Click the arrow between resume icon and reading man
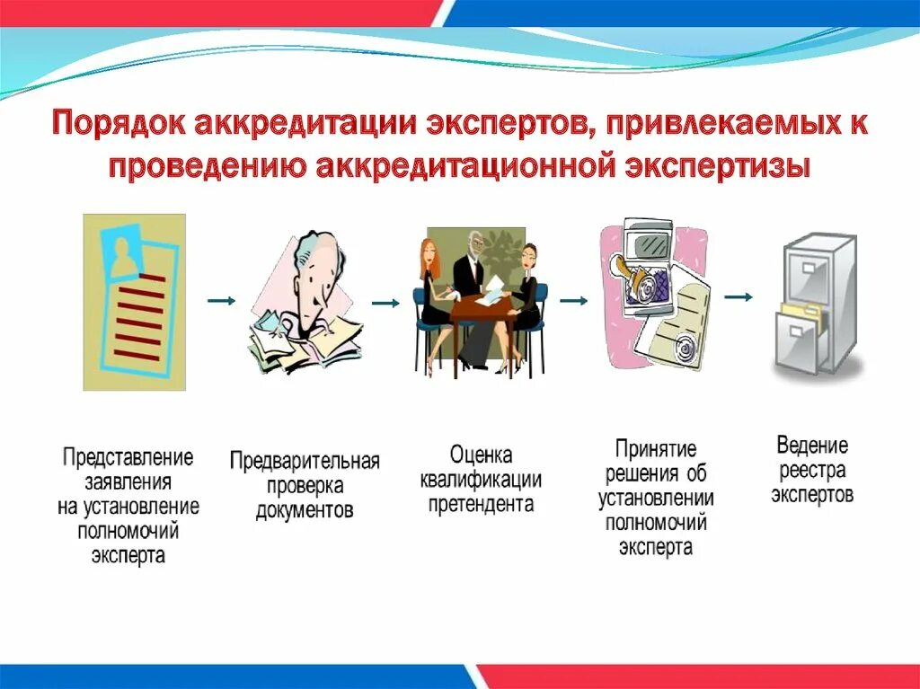click(221, 300)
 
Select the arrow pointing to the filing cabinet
click(739, 296)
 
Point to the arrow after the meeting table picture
click(573, 301)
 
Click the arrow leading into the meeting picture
click(385, 304)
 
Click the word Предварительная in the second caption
click(305, 462)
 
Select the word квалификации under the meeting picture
click(481, 480)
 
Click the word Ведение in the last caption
click(812, 446)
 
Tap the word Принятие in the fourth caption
click(656, 449)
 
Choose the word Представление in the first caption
click(128, 457)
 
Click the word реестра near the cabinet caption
click(812, 471)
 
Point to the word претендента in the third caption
click(481, 504)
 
